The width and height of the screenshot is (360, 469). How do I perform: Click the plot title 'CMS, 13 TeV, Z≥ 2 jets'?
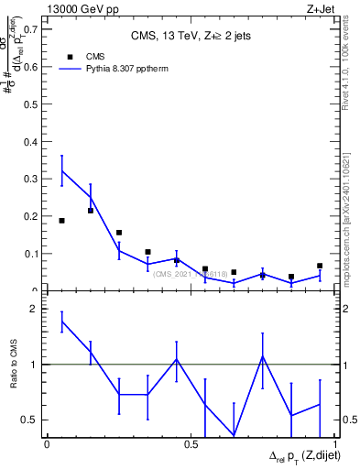pyautogui.click(x=191, y=37)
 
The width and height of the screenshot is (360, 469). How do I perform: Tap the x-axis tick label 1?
pyautogui.click(x=334, y=444)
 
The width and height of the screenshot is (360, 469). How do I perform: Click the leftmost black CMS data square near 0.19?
pyautogui.click(x=61, y=221)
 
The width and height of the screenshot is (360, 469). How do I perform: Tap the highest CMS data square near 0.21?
pyautogui.click(x=91, y=211)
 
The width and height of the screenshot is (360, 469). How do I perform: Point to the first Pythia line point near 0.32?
pyautogui.click(x=61, y=170)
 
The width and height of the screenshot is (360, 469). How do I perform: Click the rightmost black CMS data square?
pyautogui.click(x=320, y=266)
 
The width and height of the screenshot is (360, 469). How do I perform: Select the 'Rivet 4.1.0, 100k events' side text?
pyautogui.click(x=351, y=64)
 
